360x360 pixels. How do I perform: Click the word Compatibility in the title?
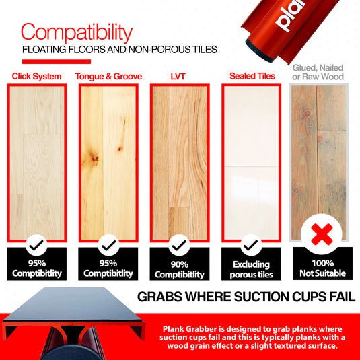click(x=75, y=32)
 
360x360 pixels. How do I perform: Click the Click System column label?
click(x=36, y=76)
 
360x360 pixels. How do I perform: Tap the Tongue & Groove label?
click(x=108, y=76)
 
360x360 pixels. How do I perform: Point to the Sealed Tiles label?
click(x=252, y=76)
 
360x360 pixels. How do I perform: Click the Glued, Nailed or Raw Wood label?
click(x=318, y=72)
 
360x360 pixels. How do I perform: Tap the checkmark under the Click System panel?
click(x=38, y=244)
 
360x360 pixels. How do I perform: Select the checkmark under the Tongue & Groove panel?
click(x=108, y=244)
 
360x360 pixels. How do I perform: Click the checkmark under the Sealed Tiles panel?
click(x=250, y=244)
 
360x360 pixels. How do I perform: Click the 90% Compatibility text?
click(x=179, y=269)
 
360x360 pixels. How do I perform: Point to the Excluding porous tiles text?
click(x=251, y=269)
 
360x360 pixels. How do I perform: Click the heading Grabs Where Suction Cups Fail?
click(x=246, y=297)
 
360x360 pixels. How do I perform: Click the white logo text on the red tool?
click(x=291, y=16)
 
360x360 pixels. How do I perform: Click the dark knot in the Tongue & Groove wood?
click(x=93, y=159)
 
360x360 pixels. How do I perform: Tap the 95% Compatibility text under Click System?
click(x=37, y=268)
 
